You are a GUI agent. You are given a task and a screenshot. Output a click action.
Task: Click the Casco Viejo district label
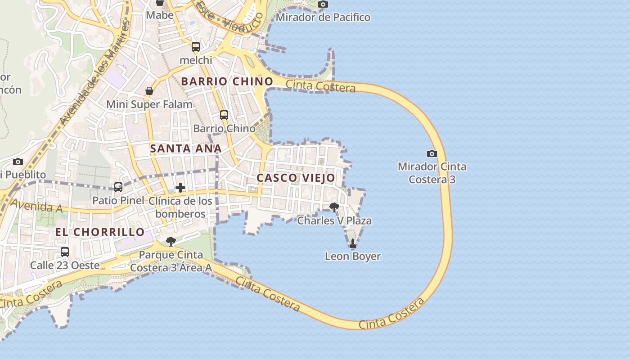coord(296,178)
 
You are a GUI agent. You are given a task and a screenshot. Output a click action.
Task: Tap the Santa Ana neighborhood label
coord(186,148)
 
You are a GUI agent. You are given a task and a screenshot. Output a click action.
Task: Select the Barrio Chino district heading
coord(227,81)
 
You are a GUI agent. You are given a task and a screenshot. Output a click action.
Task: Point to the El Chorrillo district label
coord(100,232)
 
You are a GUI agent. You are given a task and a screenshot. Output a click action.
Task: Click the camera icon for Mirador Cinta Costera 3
coord(432,153)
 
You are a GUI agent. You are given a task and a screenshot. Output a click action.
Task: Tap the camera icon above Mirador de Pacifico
coord(323,4)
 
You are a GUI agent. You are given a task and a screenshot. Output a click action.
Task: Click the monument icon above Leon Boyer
coord(352,244)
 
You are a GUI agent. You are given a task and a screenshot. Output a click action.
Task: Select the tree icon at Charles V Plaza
coord(334,207)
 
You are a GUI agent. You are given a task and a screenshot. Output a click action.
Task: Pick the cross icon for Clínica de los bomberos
coord(180,187)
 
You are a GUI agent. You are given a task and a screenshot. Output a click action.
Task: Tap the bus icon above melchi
coord(195,47)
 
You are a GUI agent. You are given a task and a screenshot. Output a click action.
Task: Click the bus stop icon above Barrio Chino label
coord(224,115)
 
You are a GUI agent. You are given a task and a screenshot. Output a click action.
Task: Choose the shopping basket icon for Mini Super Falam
coord(149,91)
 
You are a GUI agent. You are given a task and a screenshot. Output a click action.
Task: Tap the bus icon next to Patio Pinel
coord(118,187)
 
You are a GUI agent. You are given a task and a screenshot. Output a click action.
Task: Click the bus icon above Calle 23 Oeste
coord(65,252)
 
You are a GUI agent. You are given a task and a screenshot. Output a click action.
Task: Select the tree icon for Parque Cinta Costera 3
coord(171,242)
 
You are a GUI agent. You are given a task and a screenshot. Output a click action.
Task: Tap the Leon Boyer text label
coord(353,256)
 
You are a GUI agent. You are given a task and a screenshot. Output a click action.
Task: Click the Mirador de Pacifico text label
coord(323,18)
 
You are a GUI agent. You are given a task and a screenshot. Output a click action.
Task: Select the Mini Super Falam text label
coord(149,104)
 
